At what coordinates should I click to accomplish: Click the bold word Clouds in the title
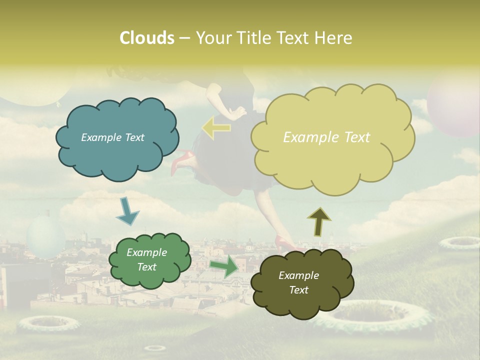[146, 38]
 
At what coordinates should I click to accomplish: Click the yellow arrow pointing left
[216, 127]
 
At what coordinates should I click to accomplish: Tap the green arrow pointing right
[224, 266]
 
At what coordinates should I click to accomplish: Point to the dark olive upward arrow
[319, 221]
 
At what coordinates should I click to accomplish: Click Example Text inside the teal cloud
[112, 137]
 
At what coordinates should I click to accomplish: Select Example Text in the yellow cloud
[326, 137]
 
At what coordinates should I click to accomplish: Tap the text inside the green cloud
[147, 260]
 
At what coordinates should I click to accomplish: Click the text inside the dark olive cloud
[298, 282]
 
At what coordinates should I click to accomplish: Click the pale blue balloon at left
[45, 236]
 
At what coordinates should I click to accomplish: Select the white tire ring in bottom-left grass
[48, 324]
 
